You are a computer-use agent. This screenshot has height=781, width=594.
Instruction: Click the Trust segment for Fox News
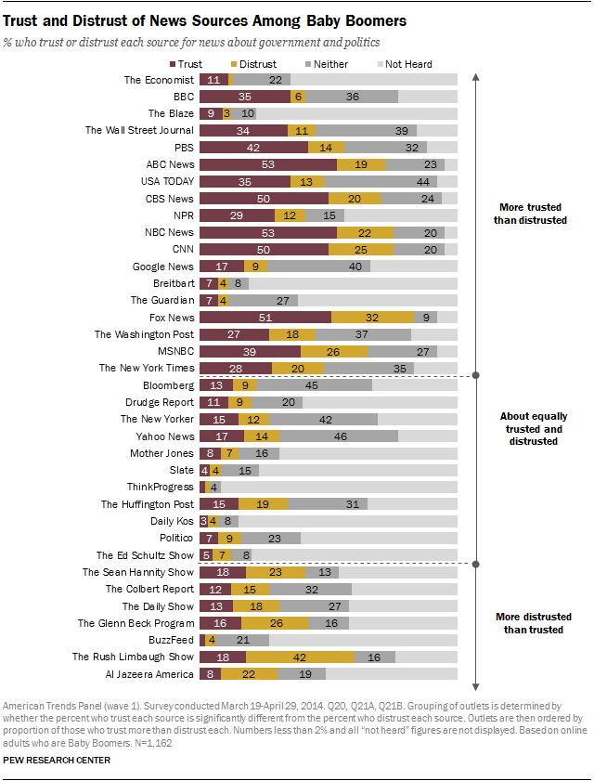[265, 317]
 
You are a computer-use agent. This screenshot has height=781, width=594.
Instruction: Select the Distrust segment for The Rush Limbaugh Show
[300, 657]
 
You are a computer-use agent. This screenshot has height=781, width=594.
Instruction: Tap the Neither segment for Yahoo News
[339, 436]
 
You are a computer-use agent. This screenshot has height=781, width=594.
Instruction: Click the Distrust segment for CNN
[361, 249]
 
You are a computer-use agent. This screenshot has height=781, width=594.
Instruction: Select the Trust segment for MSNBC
[250, 351]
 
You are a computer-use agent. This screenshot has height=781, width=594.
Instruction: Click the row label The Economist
[160, 80]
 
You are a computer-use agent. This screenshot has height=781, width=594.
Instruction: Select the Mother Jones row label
[162, 453]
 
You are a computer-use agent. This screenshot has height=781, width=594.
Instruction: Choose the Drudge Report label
[160, 402]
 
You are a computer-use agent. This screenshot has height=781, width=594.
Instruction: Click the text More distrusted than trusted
[533, 622]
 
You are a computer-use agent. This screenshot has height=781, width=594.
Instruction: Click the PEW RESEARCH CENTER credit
[58, 761]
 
